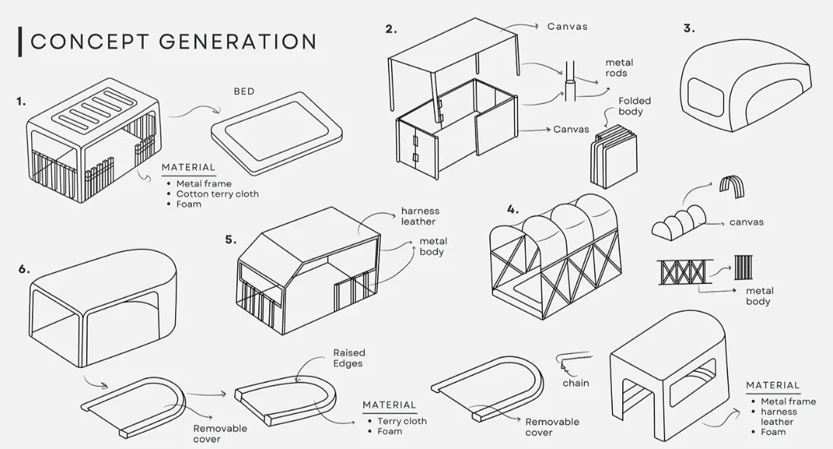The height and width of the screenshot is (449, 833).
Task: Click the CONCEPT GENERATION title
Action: point(173,42)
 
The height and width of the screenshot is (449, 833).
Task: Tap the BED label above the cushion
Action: point(244,91)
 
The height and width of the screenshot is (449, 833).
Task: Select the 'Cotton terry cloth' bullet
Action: point(217,194)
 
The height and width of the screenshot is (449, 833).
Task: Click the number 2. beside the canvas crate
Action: point(391,29)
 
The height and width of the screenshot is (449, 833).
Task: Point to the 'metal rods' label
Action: point(619,68)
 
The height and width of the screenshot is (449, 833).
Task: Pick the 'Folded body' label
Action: point(635,106)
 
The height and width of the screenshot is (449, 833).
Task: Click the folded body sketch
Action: point(613,156)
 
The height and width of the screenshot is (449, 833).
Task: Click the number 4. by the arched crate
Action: point(513,210)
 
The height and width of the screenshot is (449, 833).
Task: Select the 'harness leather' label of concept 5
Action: point(420,217)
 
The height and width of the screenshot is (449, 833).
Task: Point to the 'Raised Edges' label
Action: point(349,358)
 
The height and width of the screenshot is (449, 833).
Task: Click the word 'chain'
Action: point(576,383)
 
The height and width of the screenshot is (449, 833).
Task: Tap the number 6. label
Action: point(25,269)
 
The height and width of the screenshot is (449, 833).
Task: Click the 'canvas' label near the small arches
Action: point(746,223)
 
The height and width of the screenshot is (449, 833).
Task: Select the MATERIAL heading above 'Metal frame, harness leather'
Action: point(772,385)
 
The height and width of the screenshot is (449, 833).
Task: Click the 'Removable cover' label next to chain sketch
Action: point(552,427)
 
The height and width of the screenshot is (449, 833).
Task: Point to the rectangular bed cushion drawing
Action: point(276,133)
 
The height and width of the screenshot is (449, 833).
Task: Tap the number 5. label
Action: point(230,240)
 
